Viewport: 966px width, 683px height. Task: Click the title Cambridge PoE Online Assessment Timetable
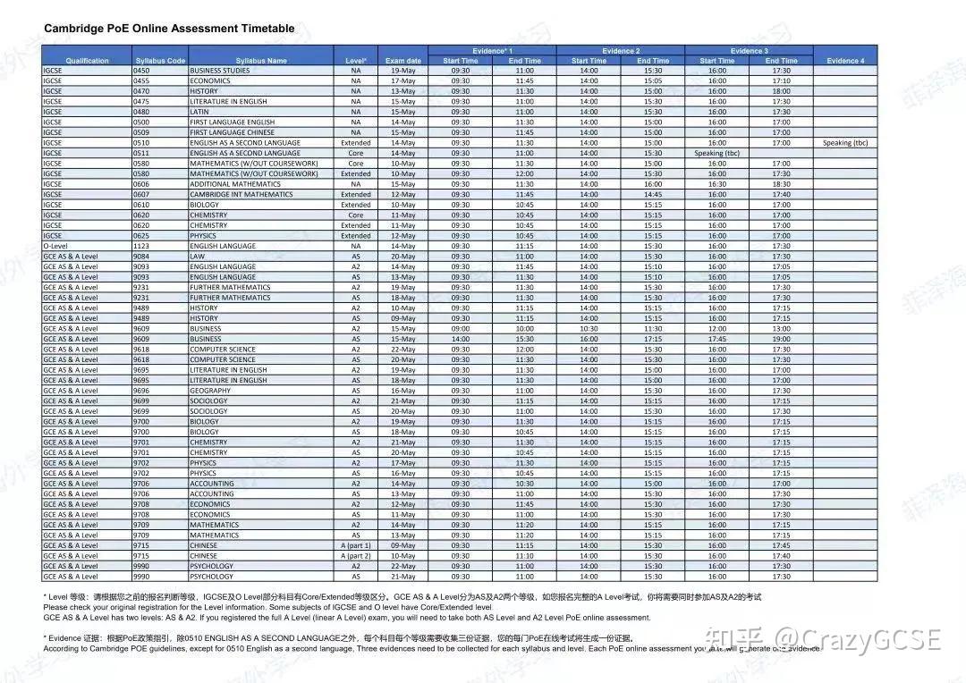click(169, 29)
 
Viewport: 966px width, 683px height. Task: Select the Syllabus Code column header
click(160, 61)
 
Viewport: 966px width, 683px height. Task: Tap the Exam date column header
click(402, 61)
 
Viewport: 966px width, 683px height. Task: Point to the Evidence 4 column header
click(845, 61)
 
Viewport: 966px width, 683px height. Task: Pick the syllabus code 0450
click(142, 71)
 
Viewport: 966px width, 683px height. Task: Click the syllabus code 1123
click(142, 246)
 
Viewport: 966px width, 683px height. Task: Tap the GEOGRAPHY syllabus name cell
click(210, 391)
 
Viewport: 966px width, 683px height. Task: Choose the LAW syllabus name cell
click(198, 257)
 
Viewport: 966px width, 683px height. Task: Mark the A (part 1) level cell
click(356, 545)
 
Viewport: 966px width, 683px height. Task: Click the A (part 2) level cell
click(356, 556)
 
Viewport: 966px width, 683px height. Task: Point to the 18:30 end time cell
click(781, 184)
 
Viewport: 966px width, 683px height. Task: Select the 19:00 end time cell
click(781, 339)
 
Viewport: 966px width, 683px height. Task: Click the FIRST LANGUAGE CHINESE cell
click(233, 132)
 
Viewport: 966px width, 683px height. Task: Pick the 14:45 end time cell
click(653, 194)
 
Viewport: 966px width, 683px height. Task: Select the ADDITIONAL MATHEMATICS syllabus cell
click(235, 184)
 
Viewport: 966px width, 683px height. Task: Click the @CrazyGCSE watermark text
click(859, 638)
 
